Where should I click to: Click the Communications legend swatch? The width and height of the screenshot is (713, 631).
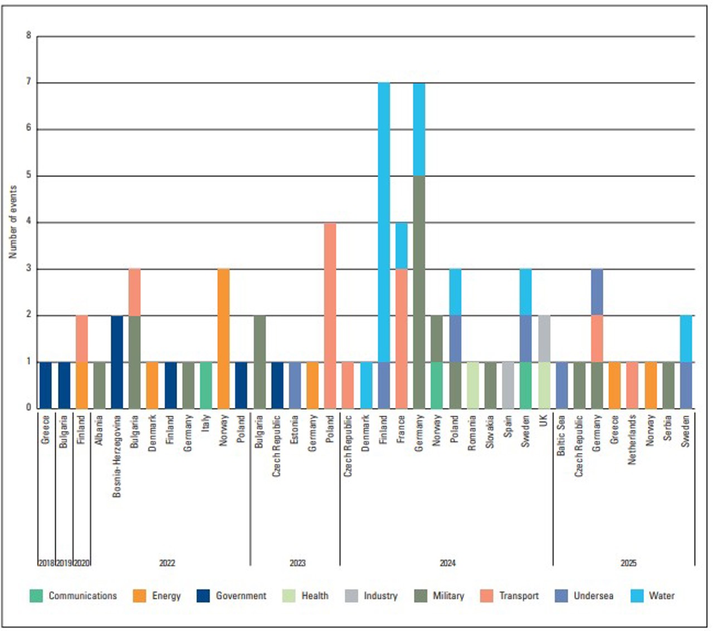click(36, 595)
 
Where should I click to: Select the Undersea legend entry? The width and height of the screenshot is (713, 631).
click(593, 595)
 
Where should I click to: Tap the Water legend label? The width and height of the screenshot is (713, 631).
click(661, 595)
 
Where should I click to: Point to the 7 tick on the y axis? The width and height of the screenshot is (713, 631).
click(29, 82)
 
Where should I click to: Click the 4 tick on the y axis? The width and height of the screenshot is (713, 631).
click(29, 223)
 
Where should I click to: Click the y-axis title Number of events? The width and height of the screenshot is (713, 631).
click(13, 221)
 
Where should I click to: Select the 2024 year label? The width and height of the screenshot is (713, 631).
click(447, 563)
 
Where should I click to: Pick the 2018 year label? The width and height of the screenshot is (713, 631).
click(46, 563)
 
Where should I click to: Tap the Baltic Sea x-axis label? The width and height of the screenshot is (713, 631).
click(561, 435)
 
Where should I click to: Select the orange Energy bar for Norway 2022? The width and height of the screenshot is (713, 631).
click(223, 338)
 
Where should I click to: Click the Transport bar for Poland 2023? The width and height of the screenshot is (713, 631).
click(330, 315)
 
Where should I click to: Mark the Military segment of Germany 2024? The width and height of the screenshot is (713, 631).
click(419, 292)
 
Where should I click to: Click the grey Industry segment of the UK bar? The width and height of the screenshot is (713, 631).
click(544, 338)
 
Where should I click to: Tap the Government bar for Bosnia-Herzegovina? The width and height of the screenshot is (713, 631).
click(117, 362)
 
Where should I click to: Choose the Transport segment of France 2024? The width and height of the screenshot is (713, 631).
click(402, 338)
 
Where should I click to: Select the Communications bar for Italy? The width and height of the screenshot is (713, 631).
click(206, 384)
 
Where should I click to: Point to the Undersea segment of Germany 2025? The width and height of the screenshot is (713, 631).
click(597, 292)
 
